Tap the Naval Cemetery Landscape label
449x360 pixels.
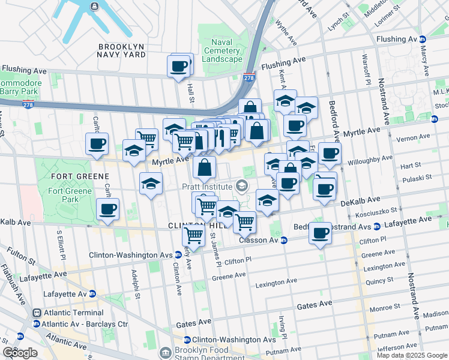coord(222,51)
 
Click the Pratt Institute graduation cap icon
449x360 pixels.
coord(242,187)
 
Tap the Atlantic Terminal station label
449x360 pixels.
coord(64,313)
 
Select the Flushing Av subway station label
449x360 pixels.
coord(396,39)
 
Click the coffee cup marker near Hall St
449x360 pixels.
coord(178,67)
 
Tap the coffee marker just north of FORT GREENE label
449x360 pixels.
coord(97,144)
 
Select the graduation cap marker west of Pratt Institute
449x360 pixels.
coord(151,184)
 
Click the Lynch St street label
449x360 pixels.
coord(337,25)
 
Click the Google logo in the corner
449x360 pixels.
coord(20,353)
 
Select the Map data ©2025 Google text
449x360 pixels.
coord(412,355)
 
